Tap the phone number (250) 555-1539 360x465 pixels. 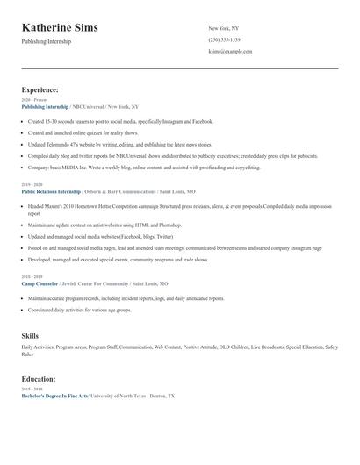click(224, 40)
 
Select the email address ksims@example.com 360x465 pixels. click(230, 52)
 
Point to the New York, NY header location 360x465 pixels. click(223, 29)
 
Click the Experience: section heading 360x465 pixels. click(40, 89)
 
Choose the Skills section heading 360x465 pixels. click(30, 336)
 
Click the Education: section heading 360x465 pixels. click(39, 379)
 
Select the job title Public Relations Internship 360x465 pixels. click(50, 190)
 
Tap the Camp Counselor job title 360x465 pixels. click(40, 284)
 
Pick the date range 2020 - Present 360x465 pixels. click(32, 100)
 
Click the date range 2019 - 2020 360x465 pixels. click(31, 184)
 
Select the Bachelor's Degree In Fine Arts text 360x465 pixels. click(54, 396)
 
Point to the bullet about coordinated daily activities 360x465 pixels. click(79, 310)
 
